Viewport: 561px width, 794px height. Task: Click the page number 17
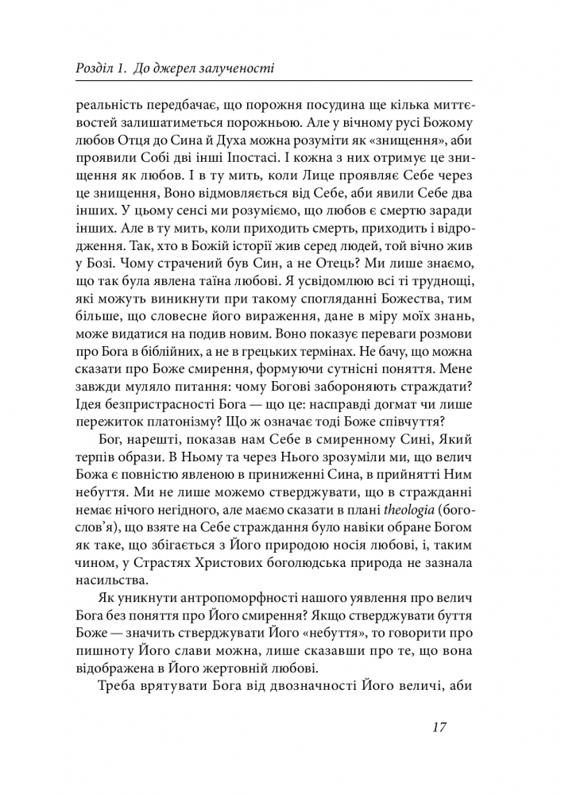[442, 728]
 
